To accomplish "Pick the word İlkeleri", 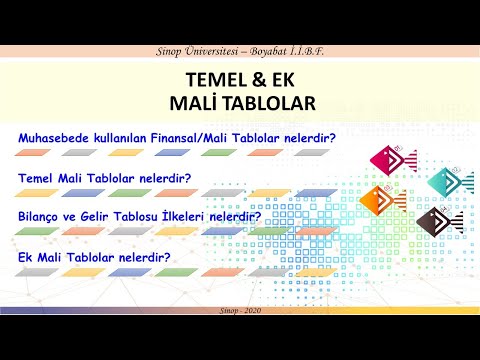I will (208, 216).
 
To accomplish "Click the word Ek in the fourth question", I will (27, 257).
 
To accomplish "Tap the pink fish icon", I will (386, 159).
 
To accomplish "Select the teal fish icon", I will (448, 181).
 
